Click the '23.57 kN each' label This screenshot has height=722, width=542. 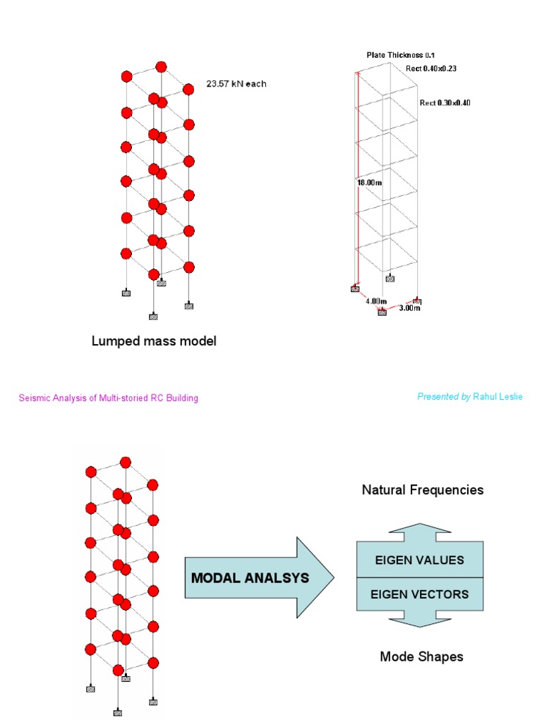(x=236, y=84)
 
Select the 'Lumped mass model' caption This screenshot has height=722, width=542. (x=154, y=341)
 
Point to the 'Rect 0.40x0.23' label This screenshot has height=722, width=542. (x=431, y=68)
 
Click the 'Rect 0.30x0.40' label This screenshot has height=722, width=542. (x=445, y=103)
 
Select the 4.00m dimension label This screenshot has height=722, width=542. (x=376, y=301)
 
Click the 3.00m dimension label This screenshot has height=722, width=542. (x=410, y=307)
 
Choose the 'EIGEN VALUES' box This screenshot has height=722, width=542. (x=419, y=560)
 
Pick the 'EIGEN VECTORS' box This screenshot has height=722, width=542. (x=419, y=594)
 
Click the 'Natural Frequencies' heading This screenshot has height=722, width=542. (x=423, y=489)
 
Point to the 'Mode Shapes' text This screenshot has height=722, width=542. (x=421, y=656)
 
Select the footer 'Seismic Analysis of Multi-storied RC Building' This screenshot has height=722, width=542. (x=108, y=398)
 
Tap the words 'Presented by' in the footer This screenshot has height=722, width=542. (x=443, y=397)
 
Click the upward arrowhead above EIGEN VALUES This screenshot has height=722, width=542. (x=420, y=531)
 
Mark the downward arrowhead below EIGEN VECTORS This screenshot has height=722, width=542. (x=420, y=620)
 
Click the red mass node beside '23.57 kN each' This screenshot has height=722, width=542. (x=188, y=90)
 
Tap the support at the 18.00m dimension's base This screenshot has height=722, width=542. (x=355, y=288)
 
